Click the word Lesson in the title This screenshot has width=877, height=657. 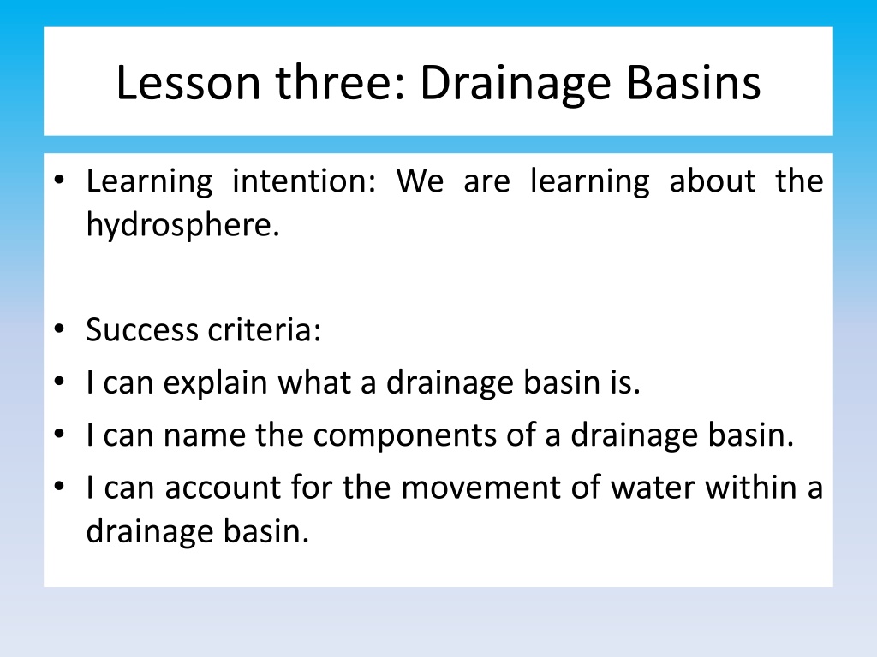click(x=188, y=83)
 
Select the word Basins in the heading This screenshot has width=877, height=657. click(x=694, y=83)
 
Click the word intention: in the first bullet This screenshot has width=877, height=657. click(x=304, y=181)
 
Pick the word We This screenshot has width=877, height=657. click(x=420, y=181)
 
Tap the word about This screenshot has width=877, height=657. click(x=713, y=181)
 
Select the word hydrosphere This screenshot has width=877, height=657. click(x=183, y=225)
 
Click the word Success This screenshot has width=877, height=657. click(x=142, y=329)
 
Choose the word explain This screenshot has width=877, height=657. click(x=215, y=384)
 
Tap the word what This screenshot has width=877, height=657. click(x=314, y=382)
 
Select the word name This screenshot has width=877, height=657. click(x=205, y=435)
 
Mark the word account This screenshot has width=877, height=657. click(x=223, y=487)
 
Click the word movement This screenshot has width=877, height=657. click(x=481, y=487)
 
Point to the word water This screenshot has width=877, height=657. click(x=652, y=487)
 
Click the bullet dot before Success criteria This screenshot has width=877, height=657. click(x=60, y=329)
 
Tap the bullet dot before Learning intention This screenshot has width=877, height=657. click(x=60, y=181)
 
